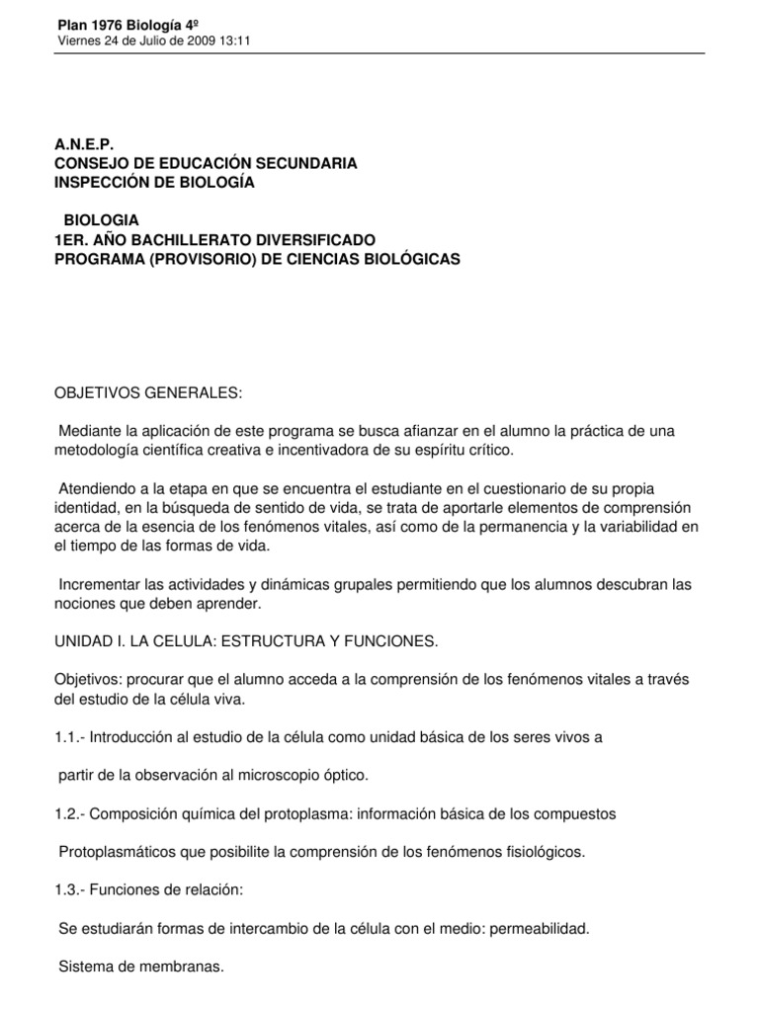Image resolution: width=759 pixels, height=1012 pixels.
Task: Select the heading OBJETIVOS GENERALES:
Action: click(x=148, y=392)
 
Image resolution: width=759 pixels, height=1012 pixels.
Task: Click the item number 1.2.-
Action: click(x=72, y=813)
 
